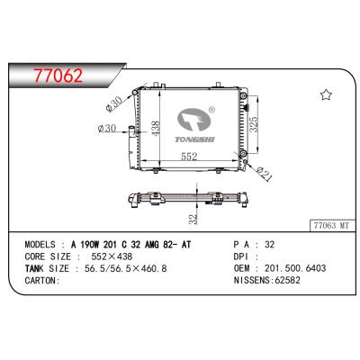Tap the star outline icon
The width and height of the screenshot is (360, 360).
point(325,94)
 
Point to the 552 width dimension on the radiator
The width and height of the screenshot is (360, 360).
point(187,156)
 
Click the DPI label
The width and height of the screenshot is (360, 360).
point(240,256)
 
